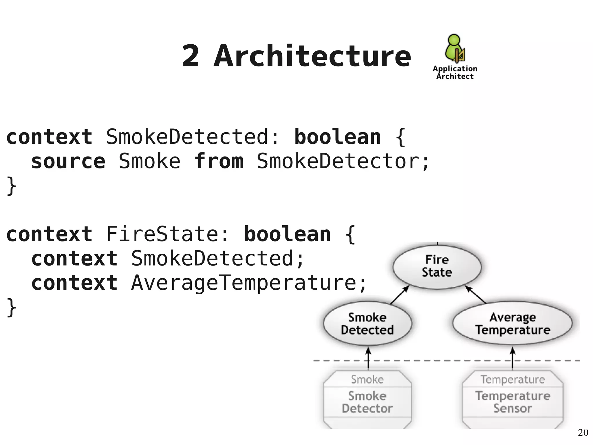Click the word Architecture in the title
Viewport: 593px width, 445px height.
pos(312,57)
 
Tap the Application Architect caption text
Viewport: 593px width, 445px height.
pos(455,72)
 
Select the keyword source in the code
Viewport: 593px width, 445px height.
pos(68,161)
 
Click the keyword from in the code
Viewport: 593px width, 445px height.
pos(219,161)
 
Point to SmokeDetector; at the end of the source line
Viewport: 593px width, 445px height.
pos(343,161)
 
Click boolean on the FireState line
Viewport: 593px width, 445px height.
pos(288,234)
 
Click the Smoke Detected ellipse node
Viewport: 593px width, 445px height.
pos(367,324)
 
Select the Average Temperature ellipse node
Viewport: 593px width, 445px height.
pos(513,324)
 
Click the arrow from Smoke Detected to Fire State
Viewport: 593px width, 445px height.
pos(400,295)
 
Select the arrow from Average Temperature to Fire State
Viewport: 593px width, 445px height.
pos(475,295)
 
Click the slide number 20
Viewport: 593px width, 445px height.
pos(583,433)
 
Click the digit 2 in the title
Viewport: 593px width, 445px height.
pos(191,57)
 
